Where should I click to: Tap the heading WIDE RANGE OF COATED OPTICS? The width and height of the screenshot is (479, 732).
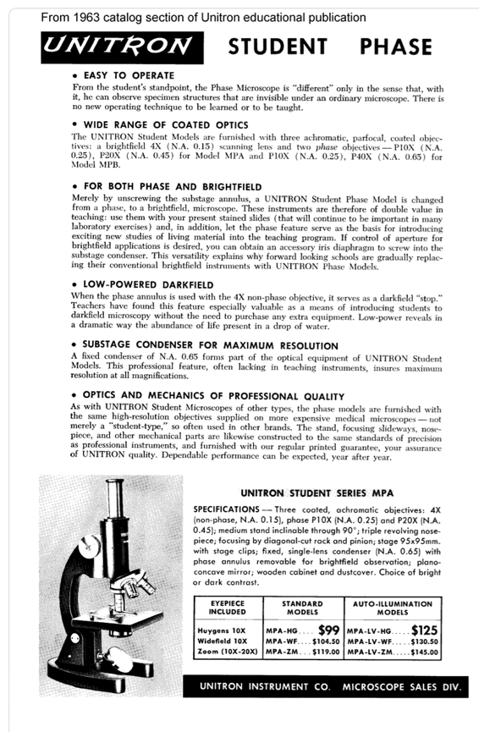pyautogui.click(x=168, y=124)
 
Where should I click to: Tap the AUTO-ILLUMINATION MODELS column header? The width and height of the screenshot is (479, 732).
pyautogui.click(x=404, y=608)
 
